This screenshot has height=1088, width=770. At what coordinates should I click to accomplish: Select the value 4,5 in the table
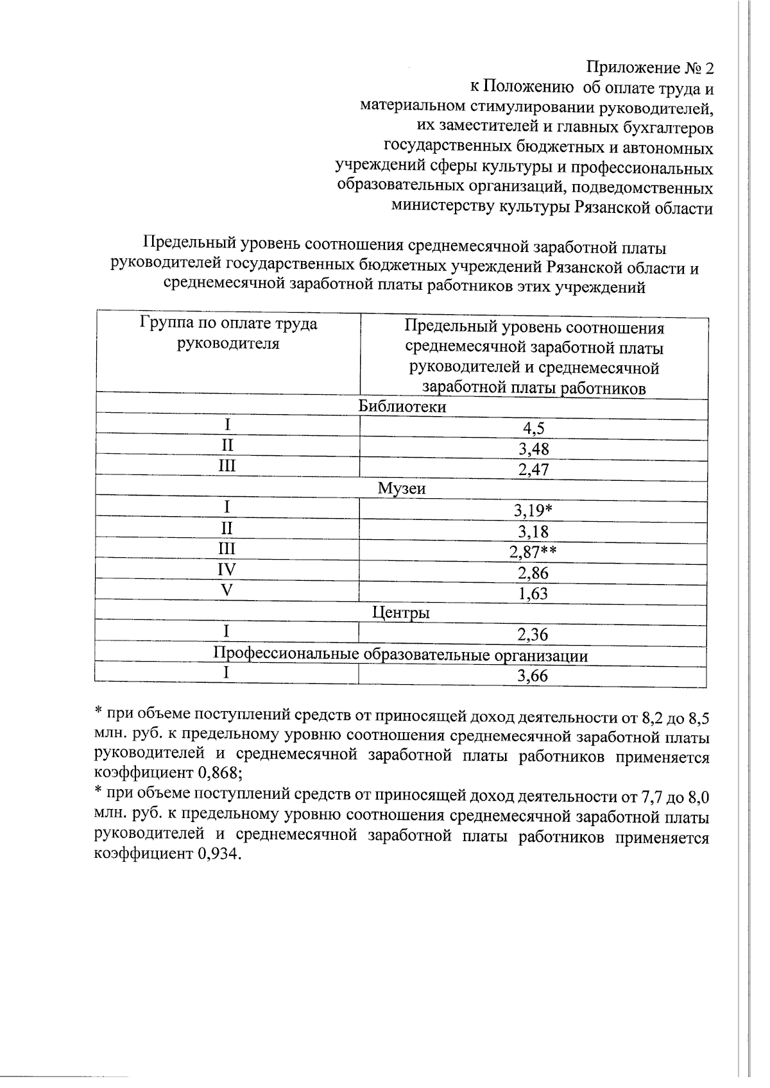(x=534, y=428)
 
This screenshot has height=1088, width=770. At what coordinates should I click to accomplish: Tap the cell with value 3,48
(x=534, y=449)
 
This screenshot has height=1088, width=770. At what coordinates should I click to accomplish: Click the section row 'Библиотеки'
(x=402, y=406)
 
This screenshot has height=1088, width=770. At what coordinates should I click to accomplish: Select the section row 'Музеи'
(x=402, y=489)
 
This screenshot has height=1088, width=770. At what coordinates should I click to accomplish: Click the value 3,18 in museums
(x=534, y=531)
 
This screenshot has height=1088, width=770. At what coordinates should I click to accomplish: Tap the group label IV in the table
(x=227, y=570)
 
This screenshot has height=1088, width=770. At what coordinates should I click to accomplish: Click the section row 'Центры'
(x=402, y=613)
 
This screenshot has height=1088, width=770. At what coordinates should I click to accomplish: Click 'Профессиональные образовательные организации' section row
(x=401, y=655)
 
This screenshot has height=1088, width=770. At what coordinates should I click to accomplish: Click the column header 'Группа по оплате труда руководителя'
(x=228, y=333)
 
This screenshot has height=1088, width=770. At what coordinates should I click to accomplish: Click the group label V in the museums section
(x=227, y=590)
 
